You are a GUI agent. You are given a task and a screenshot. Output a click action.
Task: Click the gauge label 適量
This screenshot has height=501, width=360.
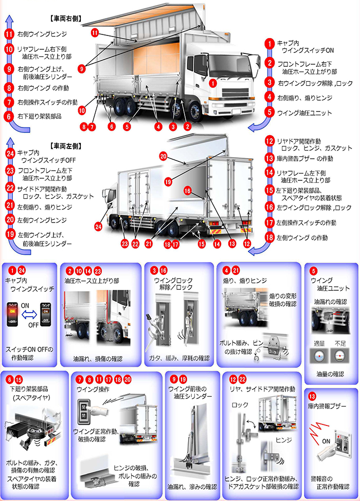click(x=319, y=342)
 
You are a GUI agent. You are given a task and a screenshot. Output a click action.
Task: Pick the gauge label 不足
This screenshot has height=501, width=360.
click(x=339, y=342)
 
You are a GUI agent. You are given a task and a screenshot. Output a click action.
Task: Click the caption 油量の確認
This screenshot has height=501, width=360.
click(x=330, y=375)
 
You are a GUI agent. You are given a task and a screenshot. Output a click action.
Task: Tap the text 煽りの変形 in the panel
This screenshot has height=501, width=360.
click(x=283, y=296)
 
